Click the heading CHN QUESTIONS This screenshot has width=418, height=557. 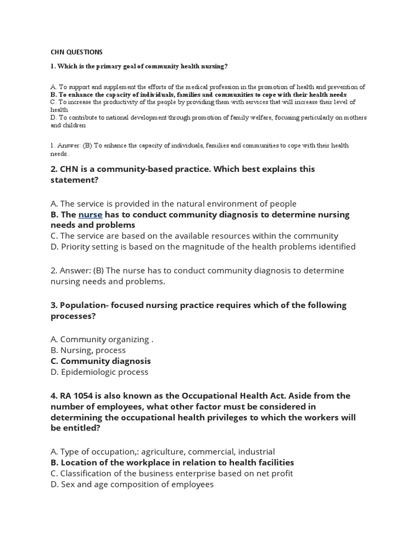(76, 52)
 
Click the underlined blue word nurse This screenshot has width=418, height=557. (90, 214)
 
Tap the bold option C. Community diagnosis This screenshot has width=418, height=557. (101, 361)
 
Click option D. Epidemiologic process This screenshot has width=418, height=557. (99, 372)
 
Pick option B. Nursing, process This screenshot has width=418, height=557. (88, 350)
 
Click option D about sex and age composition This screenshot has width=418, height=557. (132, 484)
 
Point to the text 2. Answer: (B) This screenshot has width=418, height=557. (77, 270)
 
